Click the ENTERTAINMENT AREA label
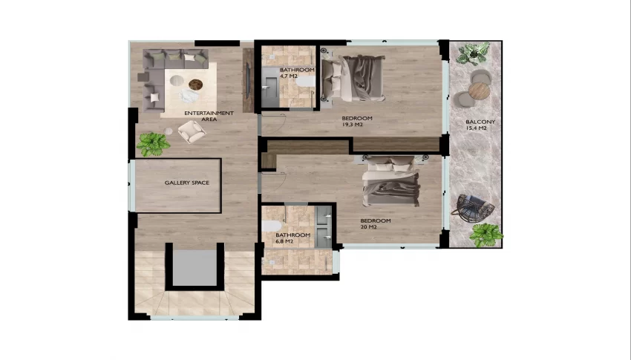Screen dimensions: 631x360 tap(209, 117)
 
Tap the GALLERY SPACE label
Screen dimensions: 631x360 tap(187, 183)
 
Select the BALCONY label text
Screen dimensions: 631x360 tap(480, 122)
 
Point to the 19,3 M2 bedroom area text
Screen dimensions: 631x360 tap(352, 125)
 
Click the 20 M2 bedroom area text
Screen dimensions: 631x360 tap(368, 227)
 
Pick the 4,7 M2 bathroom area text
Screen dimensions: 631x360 tap(289, 76)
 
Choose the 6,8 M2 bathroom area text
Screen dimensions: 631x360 tap(284, 241)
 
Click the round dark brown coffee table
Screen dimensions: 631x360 tap(195, 85)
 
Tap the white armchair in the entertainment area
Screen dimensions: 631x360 tap(192, 131)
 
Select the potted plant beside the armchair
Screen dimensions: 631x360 tap(153, 144)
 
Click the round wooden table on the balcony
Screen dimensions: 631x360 tap(479, 91)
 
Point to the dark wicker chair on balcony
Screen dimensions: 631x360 tap(474, 209)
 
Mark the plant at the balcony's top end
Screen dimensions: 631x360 tap(474, 53)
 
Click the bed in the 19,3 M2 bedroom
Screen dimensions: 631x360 tap(353, 78)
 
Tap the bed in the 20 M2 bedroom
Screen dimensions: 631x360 tap(390, 181)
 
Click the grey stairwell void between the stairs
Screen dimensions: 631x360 tap(194, 268)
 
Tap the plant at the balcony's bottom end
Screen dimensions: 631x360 tap(486, 235)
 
